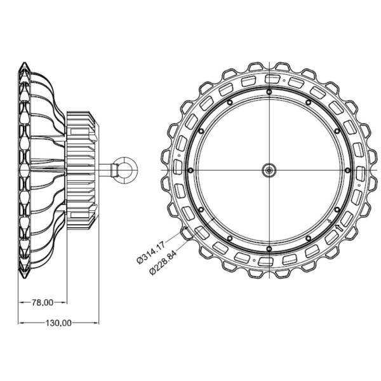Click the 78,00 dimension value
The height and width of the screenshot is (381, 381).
pos(43,302)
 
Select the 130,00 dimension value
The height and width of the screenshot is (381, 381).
pos(57,323)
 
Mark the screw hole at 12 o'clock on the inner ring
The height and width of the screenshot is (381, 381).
pos(270,92)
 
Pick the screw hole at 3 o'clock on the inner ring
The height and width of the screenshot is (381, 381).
pos(347,170)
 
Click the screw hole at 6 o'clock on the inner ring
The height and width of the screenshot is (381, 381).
pos(270,247)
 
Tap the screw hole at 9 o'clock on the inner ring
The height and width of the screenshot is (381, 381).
pos(191,170)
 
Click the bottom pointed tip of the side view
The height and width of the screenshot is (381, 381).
pos(23,276)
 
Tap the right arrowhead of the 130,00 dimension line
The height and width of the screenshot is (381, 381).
pos(97,323)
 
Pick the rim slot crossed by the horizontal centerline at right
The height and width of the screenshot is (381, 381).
pos(362,170)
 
